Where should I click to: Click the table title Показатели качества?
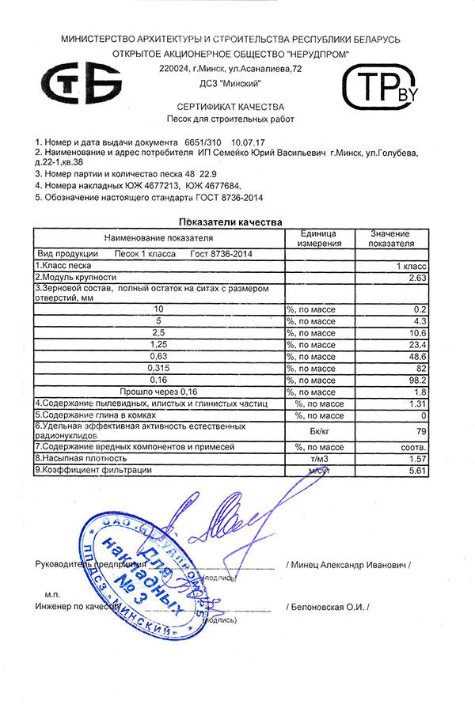230,222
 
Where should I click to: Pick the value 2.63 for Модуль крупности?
417,278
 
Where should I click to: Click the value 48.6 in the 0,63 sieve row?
416,356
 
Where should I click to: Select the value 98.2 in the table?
416,380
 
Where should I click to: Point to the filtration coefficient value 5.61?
417,471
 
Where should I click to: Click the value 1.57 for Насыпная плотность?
417,459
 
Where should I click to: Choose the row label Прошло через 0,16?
158,392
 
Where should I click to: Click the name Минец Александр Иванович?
351,566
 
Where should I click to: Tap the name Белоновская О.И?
330,607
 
